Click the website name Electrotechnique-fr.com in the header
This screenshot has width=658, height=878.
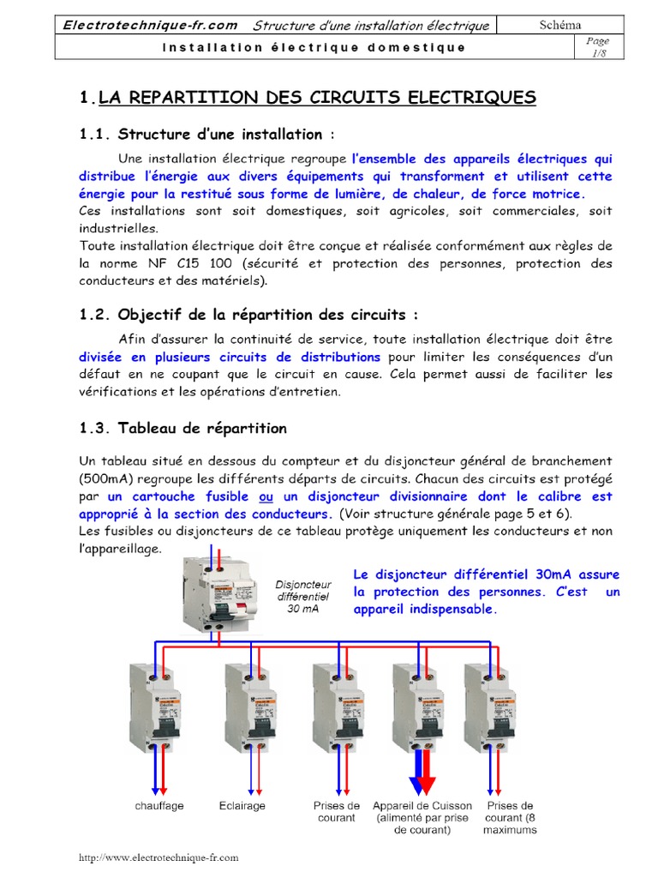[150, 26]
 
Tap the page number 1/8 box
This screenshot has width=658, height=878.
[597, 47]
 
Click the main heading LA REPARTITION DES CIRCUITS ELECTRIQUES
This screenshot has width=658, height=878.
[317, 98]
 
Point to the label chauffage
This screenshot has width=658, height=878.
[159, 806]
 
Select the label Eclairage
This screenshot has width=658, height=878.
[242, 806]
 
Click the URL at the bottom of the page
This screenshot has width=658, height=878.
[159, 857]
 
